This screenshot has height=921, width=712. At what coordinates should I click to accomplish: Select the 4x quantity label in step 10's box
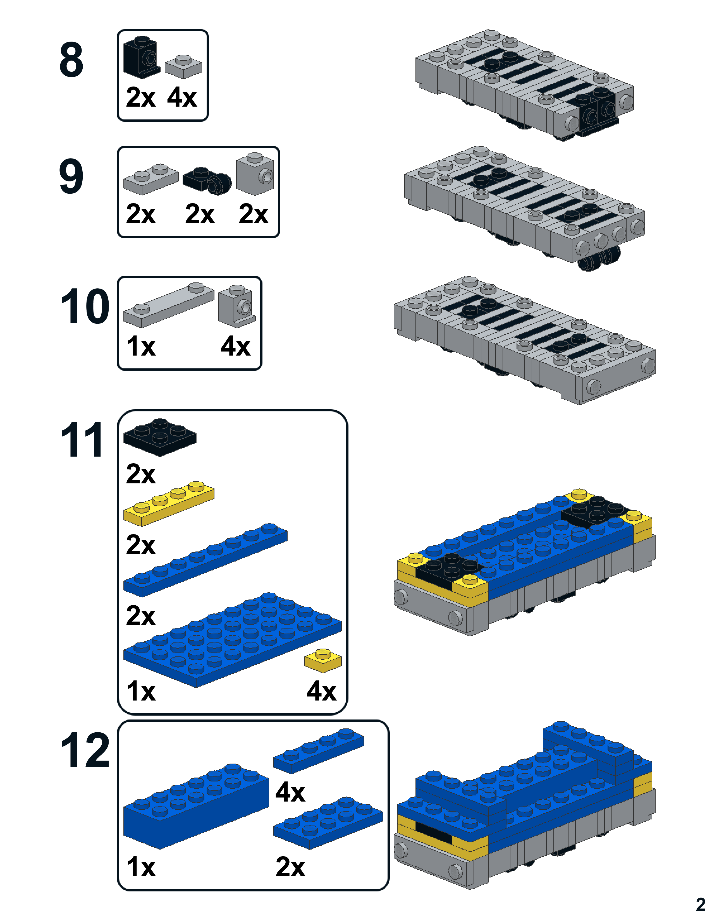point(235,347)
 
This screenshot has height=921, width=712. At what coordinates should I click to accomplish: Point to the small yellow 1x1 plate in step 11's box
point(323,660)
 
